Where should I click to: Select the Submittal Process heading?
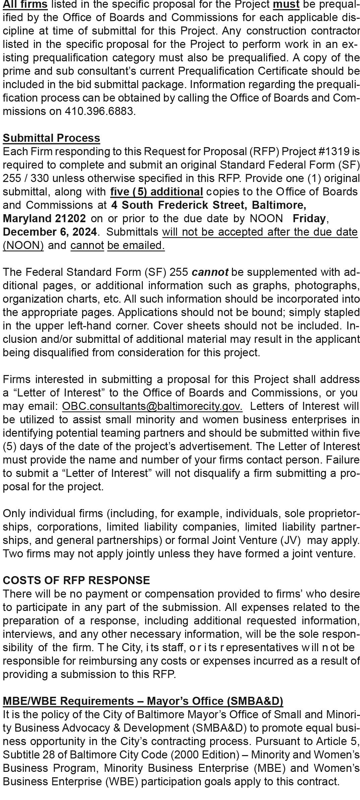tap(51, 138)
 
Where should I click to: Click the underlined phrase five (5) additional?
tap(157, 192)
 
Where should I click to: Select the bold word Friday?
tap(309, 219)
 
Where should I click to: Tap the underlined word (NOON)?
tap(23, 245)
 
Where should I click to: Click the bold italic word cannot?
tap(210, 272)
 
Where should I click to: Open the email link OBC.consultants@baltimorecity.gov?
tap(152, 406)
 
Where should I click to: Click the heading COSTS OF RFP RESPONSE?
tap(76, 580)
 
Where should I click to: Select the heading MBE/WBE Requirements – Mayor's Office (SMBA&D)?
tap(143, 701)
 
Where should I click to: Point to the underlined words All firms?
tap(25, 4)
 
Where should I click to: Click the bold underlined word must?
tap(286, 4)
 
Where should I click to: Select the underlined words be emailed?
tap(136, 245)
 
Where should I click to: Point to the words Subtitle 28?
tap(25, 755)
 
